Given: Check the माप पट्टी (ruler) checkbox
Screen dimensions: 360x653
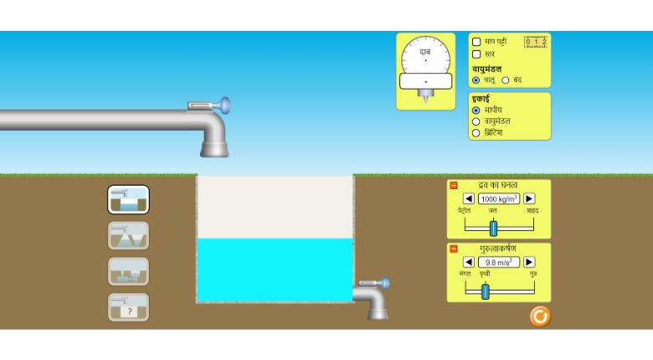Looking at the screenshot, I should [476, 42].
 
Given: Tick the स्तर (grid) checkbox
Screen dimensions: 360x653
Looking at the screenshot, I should [476, 54].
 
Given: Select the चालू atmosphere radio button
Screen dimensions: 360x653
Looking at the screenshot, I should [476, 80].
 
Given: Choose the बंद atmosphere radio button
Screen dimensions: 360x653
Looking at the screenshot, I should [506, 80].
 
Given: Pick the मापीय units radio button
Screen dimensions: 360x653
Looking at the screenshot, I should [476, 111].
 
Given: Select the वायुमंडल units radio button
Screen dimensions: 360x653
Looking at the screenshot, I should [476, 121].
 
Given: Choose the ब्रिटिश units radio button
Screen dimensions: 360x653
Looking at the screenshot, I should [476, 132].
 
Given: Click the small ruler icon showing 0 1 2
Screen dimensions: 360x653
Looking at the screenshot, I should [535, 42].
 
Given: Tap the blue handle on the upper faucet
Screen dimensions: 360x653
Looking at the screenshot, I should [224, 105].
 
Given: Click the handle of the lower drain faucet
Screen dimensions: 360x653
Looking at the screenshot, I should [384, 283].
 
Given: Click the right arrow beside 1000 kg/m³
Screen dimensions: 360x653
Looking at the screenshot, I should [529, 198].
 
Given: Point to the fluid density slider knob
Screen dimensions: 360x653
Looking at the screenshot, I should [493, 228].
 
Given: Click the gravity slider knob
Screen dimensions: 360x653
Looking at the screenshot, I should [485, 291].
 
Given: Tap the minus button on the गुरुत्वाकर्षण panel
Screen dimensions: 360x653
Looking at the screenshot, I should [454, 249].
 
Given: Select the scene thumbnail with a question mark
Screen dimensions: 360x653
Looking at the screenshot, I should [128, 307].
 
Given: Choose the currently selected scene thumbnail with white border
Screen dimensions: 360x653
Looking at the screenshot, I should [128, 199].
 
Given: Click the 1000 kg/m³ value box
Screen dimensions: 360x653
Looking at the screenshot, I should [499, 198].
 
